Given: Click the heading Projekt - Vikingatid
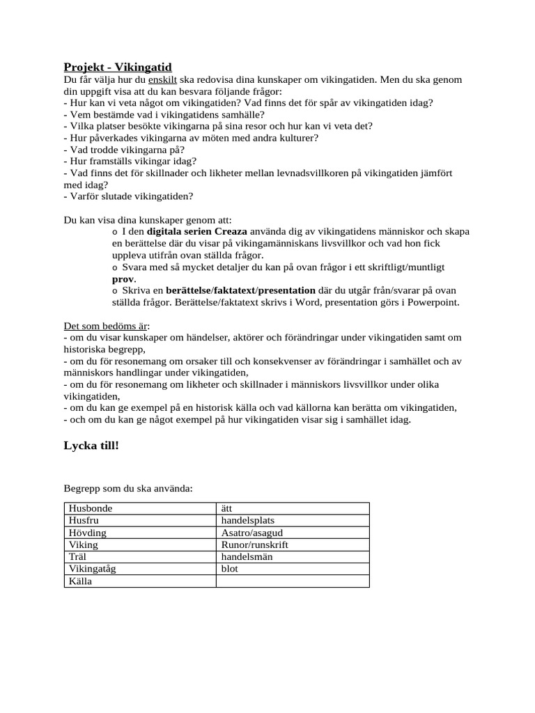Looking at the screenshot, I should pos(118,67).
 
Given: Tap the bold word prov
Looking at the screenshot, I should pos(123,279).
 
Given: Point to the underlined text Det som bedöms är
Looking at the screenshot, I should pos(107,326).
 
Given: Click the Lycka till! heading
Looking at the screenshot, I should pos(91,445).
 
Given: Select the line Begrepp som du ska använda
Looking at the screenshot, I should pos(128,488).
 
